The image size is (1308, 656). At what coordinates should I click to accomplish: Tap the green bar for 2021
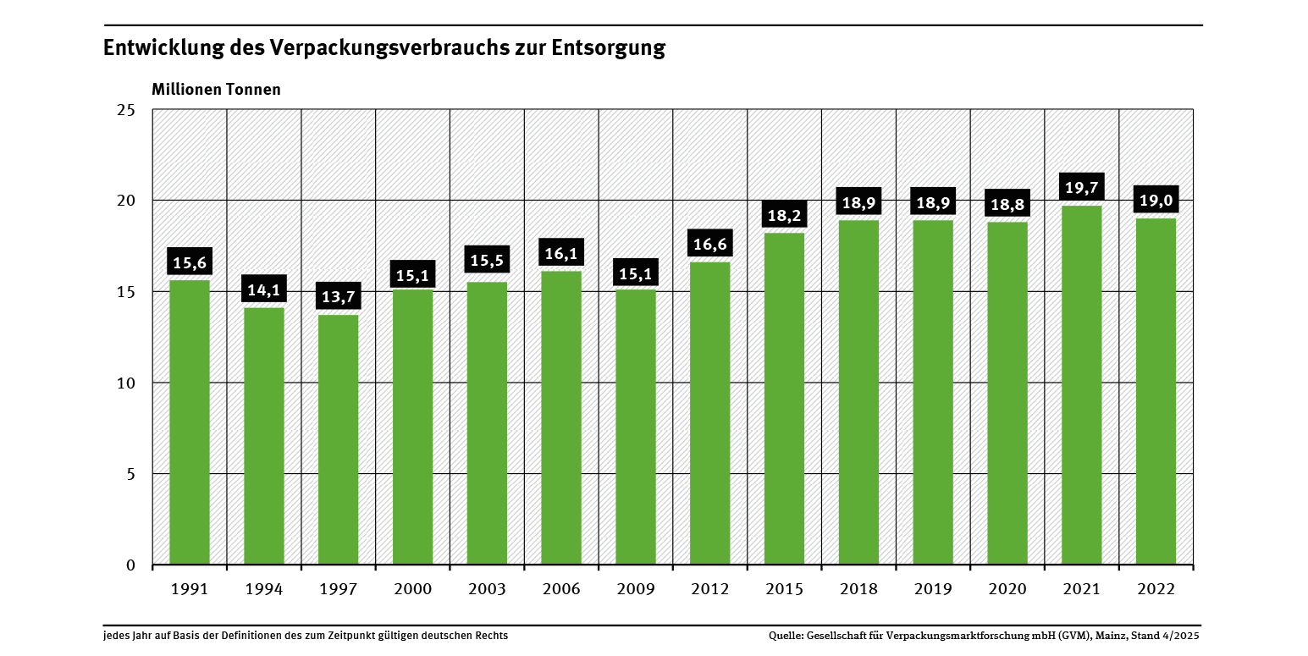point(1081,384)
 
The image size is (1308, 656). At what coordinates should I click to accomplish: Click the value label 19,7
point(1081,188)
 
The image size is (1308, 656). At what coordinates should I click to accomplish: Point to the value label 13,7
point(338,298)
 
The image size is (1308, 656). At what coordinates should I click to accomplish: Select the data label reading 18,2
point(784,215)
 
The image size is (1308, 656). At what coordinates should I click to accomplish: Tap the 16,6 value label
point(709,245)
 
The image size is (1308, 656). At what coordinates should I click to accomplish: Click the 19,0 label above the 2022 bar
point(1156,201)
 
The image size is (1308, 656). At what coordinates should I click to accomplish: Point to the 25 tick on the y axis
point(126,110)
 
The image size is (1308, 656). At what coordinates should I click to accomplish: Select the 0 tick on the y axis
point(130,565)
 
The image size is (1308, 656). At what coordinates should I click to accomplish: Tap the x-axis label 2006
point(560,589)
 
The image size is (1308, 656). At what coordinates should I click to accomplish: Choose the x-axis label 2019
point(933,589)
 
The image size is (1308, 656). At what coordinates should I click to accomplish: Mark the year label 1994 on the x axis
point(263,589)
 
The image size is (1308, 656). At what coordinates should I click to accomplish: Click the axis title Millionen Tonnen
point(216,89)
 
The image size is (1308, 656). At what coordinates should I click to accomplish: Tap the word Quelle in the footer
point(786,636)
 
